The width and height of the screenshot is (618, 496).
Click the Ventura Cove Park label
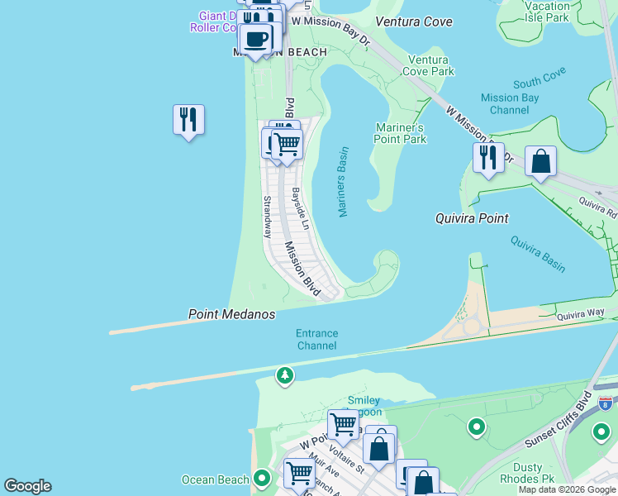click(429, 65)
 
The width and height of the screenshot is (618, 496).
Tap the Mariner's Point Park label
click(401, 133)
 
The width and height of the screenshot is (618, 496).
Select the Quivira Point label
click(472, 218)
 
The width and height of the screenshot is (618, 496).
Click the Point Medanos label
click(231, 314)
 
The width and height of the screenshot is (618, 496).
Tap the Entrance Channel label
click(317, 339)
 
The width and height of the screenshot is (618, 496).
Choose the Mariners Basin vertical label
click(343, 182)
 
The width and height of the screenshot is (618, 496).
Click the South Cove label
click(539, 78)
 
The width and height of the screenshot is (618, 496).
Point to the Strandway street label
click(267, 217)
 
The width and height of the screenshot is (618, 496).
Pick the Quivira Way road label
click(581, 312)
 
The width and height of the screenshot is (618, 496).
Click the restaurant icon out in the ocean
click(188, 120)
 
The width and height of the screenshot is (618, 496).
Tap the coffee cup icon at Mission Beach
click(256, 38)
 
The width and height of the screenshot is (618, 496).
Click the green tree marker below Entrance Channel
click(285, 376)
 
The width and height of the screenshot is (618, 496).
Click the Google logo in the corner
click(27, 486)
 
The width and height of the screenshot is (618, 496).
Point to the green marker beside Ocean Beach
click(262, 478)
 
